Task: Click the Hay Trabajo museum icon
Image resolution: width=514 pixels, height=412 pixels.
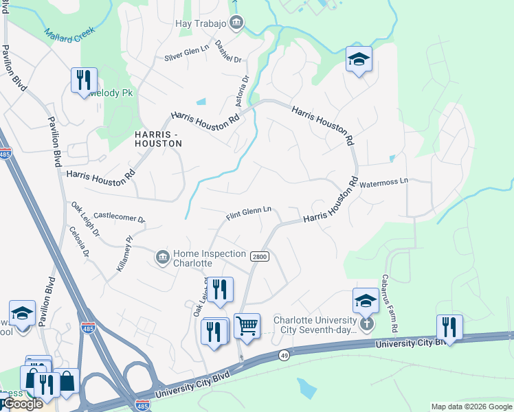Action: click(x=236, y=23)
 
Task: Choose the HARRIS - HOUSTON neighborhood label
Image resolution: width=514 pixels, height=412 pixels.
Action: click(x=158, y=138)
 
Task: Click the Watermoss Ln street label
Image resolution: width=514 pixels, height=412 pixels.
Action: click(x=384, y=182)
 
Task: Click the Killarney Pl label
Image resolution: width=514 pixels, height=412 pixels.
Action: click(x=124, y=255)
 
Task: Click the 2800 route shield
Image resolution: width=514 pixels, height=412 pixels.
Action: click(x=258, y=256)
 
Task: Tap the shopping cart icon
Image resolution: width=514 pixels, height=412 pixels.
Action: click(x=247, y=325)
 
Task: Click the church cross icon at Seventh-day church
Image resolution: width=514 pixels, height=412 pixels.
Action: click(x=366, y=322)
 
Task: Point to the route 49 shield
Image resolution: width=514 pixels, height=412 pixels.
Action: click(x=284, y=355)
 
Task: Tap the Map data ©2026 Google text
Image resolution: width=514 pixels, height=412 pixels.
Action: click(x=471, y=407)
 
